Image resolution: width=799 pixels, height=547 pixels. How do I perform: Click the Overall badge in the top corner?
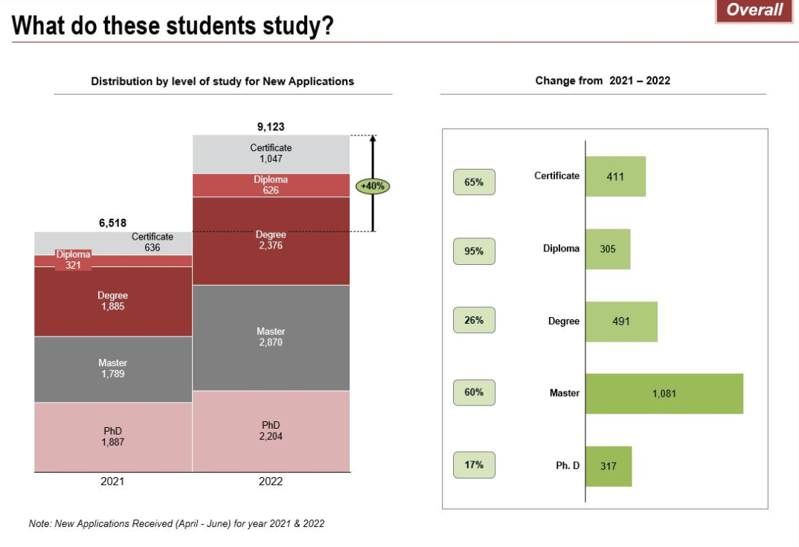point(754,10)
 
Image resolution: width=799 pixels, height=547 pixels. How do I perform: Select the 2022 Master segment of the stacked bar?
point(271,337)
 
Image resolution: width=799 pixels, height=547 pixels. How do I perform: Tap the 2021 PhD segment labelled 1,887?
point(112,436)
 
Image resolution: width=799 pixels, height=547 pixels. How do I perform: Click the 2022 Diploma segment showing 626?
point(271,185)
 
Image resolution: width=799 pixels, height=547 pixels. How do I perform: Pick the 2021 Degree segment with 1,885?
point(112,301)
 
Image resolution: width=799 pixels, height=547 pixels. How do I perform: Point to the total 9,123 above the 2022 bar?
point(271,127)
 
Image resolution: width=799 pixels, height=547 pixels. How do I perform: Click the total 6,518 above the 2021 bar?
point(113,222)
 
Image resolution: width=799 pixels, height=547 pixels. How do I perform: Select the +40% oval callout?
point(372,186)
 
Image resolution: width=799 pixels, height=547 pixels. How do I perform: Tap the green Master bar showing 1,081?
point(664,394)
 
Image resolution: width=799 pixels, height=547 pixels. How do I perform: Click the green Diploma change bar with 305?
point(608,249)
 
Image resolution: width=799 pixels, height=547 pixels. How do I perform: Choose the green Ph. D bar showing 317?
point(609,466)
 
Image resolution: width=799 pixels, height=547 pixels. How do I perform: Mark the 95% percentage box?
point(474,251)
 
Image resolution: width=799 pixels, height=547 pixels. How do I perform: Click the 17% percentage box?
point(474,465)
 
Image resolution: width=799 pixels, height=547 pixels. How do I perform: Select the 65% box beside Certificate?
point(474,182)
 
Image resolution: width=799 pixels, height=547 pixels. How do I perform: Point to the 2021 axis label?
point(112,482)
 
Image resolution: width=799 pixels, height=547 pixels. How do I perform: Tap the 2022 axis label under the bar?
point(271,482)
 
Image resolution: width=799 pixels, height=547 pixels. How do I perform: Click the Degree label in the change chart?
point(563,322)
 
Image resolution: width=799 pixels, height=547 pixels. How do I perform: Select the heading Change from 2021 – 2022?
point(603,80)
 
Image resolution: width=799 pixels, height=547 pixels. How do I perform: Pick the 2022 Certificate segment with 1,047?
point(271,153)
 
